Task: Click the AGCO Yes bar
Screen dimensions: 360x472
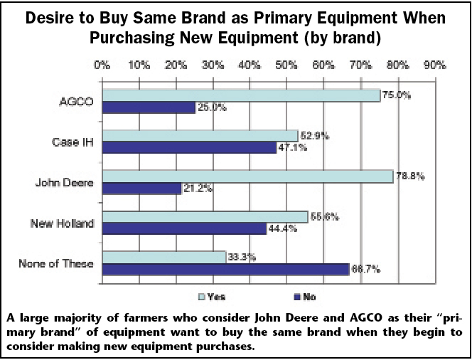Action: click(x=242, y=95)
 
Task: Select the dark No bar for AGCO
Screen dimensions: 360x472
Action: click(x=149, y=107)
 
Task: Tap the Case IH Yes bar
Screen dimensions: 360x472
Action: click(x=200, y=136)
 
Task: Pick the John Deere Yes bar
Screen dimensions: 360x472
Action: click(x=247, y=176)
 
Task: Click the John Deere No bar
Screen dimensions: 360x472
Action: click(x=141, y=189)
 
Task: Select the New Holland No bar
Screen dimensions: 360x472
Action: click(x=185, y=229)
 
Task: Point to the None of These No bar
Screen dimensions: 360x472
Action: click(x=226, y=269)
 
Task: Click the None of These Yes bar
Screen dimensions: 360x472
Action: click(x=164, y=257)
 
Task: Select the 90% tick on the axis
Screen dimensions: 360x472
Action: click(x=434, y=66)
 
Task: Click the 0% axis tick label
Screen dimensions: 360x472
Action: click(x=102, y=66)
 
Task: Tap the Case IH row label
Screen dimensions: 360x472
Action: click(x=73, y=142)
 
